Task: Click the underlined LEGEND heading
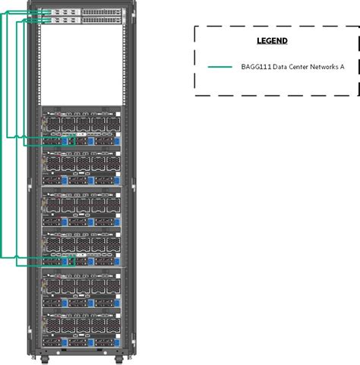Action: click(272, 40)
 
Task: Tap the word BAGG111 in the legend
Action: click(255, 67)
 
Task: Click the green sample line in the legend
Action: click(220, 67)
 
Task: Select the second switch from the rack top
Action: click(80, 21)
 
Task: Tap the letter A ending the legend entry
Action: click(342, 67)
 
